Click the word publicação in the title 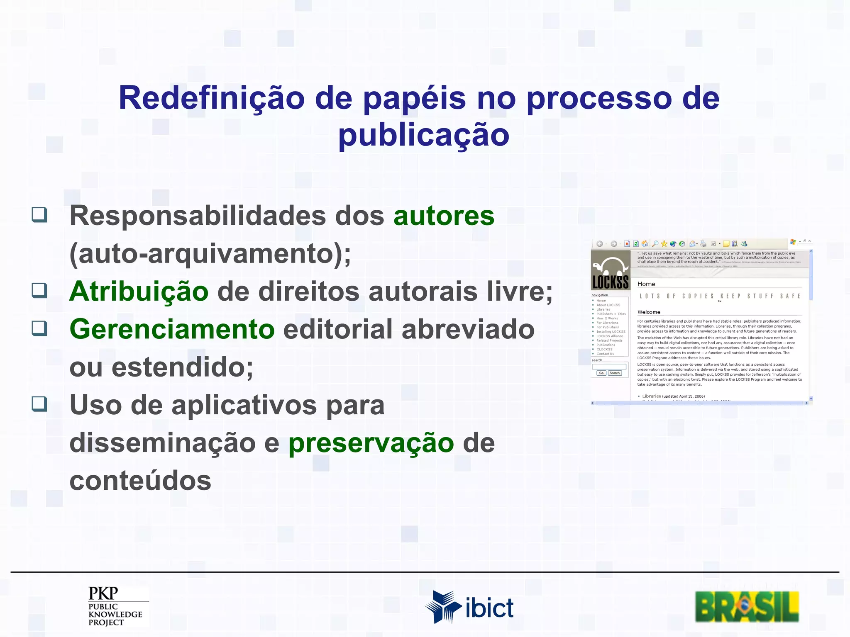tap(423, 136)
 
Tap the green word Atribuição tap(139, 291)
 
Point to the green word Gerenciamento tap(172, 329)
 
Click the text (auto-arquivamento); tap(210, 253)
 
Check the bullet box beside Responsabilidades tap(39, 215)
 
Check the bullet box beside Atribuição tap(39, 290)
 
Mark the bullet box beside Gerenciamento tap(39, 328)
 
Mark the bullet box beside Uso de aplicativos tap(39, 404)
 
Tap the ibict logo tap(469, 607)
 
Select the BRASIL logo tap(747, 607)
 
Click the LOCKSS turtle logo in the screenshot tap(610, 270)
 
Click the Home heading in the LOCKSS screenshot tap(646, 284)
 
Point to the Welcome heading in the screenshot tap(649, 312)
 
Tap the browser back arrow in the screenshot tap(600, 244)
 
